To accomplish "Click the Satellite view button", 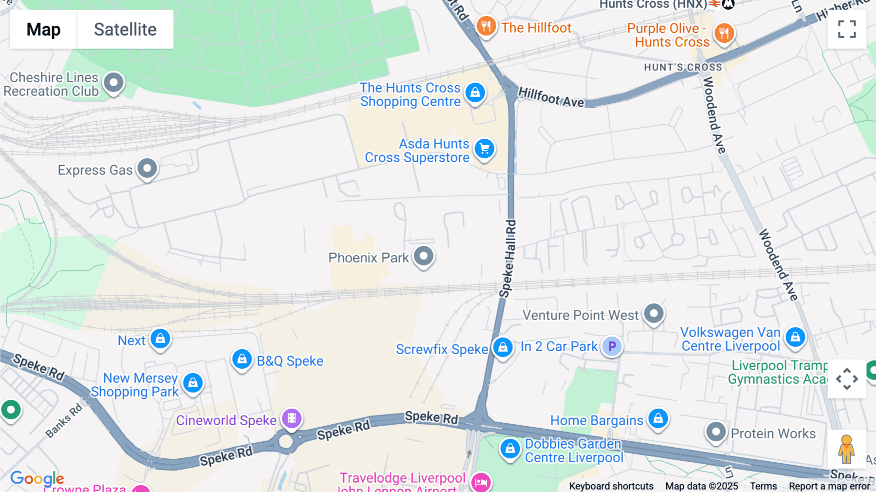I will pyautogui.click(x=125, y=29).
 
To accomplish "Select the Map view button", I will pyautogui.click(x=43, y=29).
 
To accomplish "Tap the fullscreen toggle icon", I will pyautogui.click(x=847, y=29).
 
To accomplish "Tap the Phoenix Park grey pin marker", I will pyautogui.click(x=423, y=256).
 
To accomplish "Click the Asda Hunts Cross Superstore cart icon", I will pyautogui.click(x=484, y=149).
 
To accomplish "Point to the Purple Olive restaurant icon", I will pyautogui.click(x=724, y=33).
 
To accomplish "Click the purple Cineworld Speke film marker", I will pyautogui.click(x=292, y=418).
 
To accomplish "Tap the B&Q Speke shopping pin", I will pyautogui.click(x=242, y=359).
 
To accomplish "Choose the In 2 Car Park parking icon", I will pyautogui.click(x=612, y=346).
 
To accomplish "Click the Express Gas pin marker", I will pyautogui.click(x=147, y=168).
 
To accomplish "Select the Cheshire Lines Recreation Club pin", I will pyautogui.click(x=114, y=82).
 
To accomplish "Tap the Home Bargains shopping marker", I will pyautogui.click(x=658, y=418).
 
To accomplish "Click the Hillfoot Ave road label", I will pyautogui.click(x=551, y=97).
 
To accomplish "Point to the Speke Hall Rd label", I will pyautogui.click(x=508, y=259).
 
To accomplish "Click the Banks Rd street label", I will pyautogui.click(x=64, y=421).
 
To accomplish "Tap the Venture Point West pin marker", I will pyautogui.click(x=654, y=313).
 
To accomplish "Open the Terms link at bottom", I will pyautogui.click(x=763, y=486).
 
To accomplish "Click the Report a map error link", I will pyautogui.click(x=829, y=486).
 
